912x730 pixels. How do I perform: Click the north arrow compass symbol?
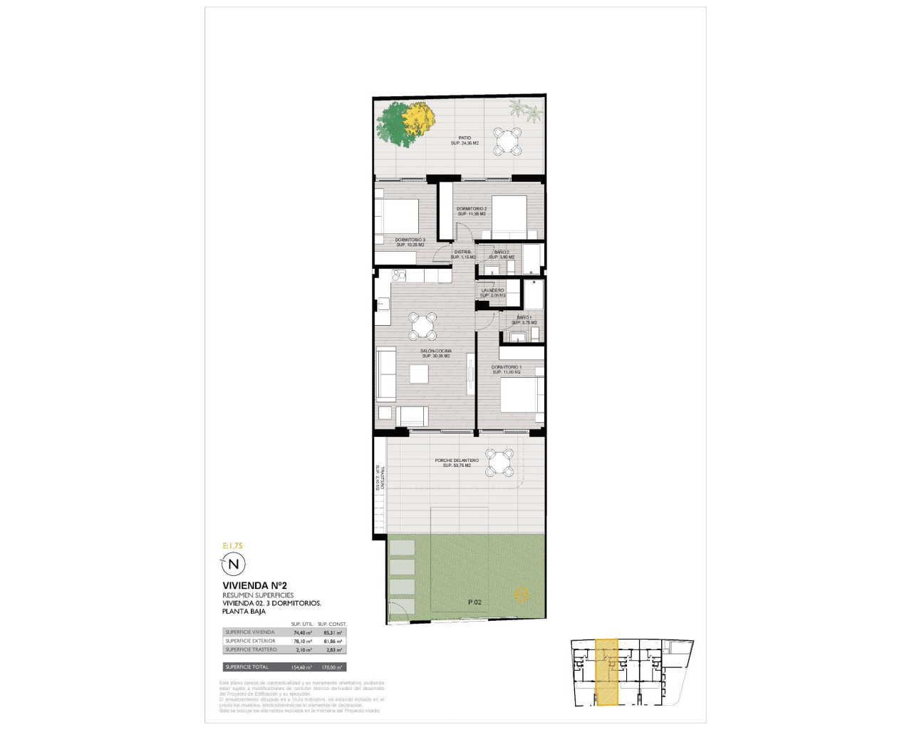233,565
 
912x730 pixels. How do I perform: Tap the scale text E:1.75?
232,546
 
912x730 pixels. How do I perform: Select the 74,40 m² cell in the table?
303,632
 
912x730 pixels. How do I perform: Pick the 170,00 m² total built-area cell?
333,667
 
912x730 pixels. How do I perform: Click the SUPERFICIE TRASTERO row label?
251,649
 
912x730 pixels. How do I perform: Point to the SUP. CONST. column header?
332,624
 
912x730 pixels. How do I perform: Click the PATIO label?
465,138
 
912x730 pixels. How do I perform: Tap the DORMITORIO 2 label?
472,209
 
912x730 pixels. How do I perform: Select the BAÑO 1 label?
524,317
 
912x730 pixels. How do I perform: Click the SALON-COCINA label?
436,351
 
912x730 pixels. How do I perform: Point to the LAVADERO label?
493,290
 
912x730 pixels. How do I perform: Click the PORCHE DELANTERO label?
457,461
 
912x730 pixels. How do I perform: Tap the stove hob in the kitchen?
398,275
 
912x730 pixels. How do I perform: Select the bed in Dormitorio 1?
522,395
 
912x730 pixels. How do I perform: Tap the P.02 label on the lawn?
475,602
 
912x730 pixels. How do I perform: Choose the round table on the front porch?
499,461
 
